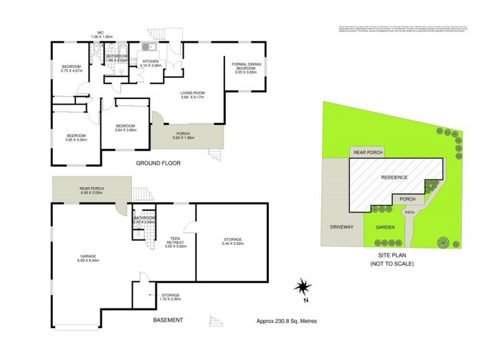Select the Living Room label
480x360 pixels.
pos(193,95)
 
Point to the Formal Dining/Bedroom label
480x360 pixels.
pos(244,68)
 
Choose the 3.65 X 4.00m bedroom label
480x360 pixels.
pos(76,137)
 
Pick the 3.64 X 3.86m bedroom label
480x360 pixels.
pos(126,127)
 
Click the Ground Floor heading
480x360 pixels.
pos(158,163)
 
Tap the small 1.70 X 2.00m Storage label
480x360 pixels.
pos(170,297)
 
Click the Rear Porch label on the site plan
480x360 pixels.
pos(368,153)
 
